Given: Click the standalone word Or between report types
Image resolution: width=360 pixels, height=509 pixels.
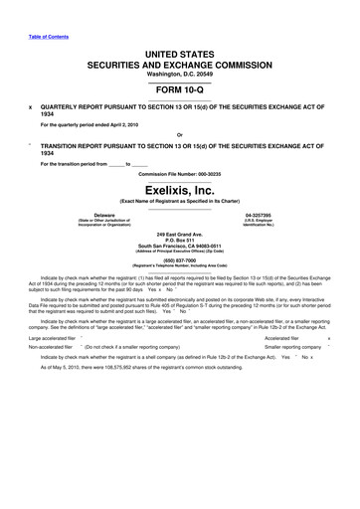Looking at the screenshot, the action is (x=179, y=135).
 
